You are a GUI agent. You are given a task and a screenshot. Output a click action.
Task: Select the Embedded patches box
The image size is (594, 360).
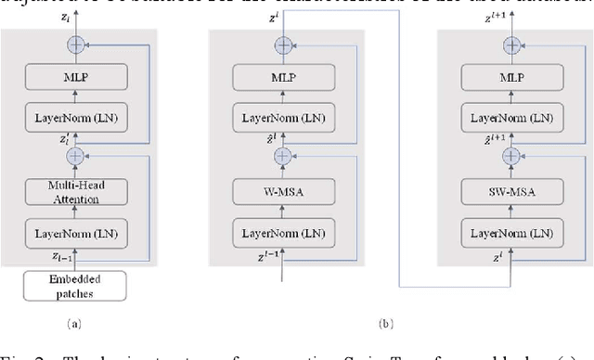tap(73, 285)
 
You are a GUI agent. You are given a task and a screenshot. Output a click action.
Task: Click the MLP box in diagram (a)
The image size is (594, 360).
tap(73, 78)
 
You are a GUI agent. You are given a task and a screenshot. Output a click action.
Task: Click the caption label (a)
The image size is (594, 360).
tap(73, 324)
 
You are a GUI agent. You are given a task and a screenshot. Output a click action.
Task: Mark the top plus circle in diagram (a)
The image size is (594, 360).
tap(73, 44)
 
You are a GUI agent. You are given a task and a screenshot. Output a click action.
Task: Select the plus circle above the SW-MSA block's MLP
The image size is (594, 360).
tap(510, 44)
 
